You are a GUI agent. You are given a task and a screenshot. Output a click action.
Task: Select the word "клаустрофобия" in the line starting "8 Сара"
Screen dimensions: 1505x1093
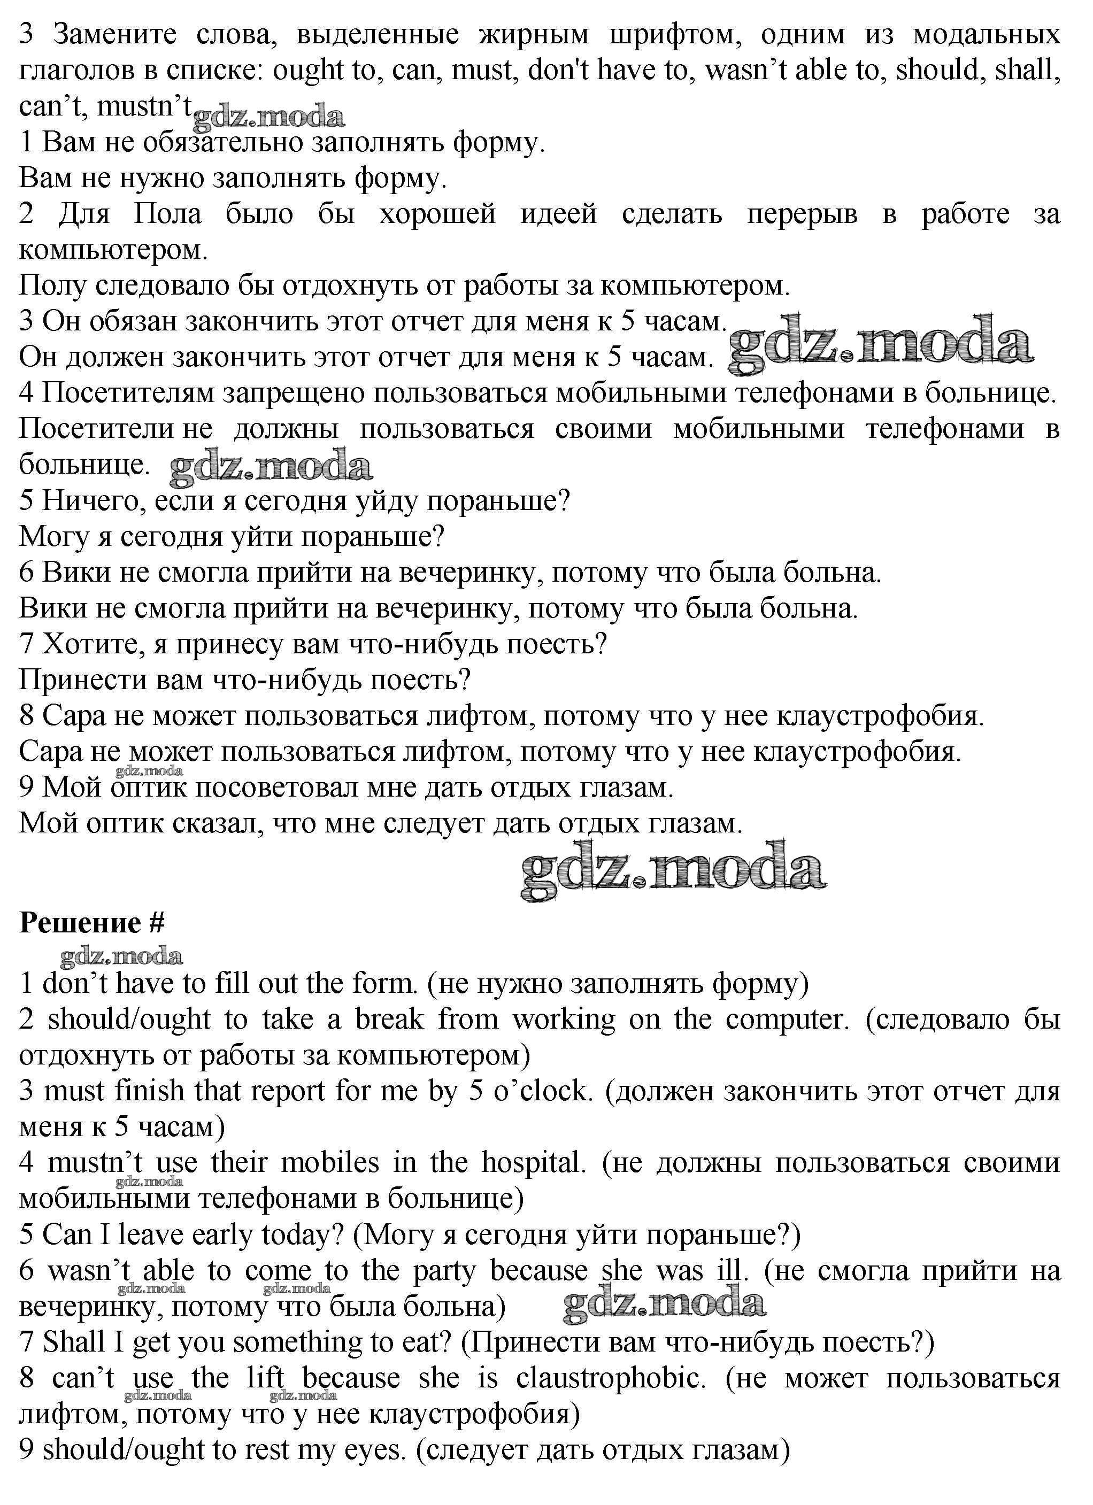pos(879,716)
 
